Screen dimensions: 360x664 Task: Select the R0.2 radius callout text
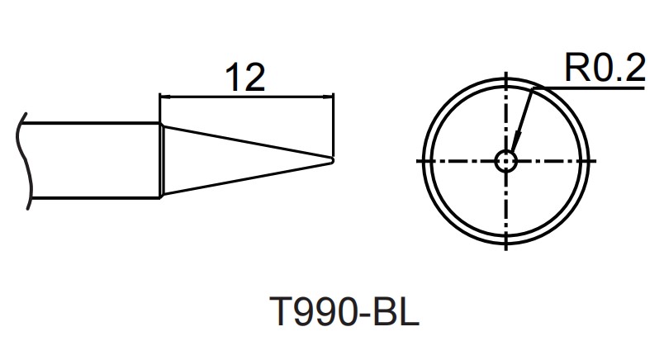[604, 69]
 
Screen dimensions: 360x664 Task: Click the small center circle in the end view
[505, 160]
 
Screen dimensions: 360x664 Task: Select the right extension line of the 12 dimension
[333, 124]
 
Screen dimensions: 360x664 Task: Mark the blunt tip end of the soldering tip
[333, 159]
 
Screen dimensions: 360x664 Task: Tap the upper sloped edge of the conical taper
[248, 141]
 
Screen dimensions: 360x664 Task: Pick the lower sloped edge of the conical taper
[248, 178]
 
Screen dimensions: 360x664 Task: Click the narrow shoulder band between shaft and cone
[162, 160]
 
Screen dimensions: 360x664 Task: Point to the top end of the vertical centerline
[505, 76]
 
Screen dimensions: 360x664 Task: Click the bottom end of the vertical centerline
[505, 245]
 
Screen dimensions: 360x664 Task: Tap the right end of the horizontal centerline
[590, 160]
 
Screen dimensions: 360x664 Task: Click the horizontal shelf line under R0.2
[595, 86]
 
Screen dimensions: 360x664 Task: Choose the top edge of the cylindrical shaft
[91, 124]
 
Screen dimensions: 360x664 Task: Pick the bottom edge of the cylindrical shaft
[91, 197]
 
